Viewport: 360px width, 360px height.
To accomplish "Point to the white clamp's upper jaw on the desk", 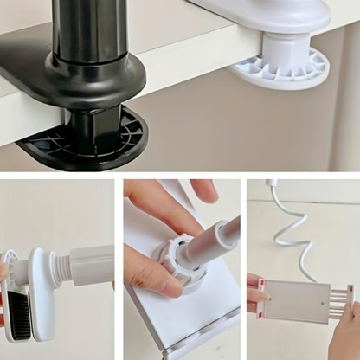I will (277, 13).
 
